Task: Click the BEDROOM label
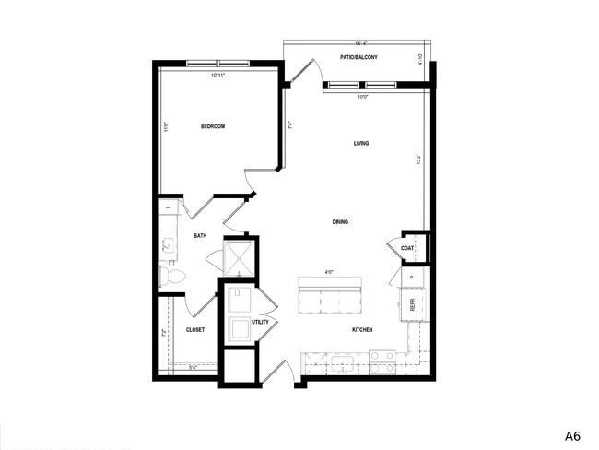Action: [213, 126]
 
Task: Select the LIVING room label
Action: [361, 144]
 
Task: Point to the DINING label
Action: [341, 222]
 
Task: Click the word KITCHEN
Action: [362, 329]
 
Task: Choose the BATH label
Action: [200, 236]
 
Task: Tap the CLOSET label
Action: [194, 329]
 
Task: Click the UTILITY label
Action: [260, 322]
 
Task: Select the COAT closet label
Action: [407, 247]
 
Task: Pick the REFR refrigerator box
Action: [412, 302]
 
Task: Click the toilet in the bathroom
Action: [174, 275]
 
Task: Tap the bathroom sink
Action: [169, 244]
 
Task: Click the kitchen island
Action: [329, 296]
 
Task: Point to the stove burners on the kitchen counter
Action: [382, 362]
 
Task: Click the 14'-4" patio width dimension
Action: [357, 43]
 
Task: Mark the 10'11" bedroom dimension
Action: [217, 75]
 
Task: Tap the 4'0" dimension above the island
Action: [329, 272]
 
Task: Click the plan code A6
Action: [572, 433]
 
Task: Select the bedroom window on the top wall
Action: [217, 64]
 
